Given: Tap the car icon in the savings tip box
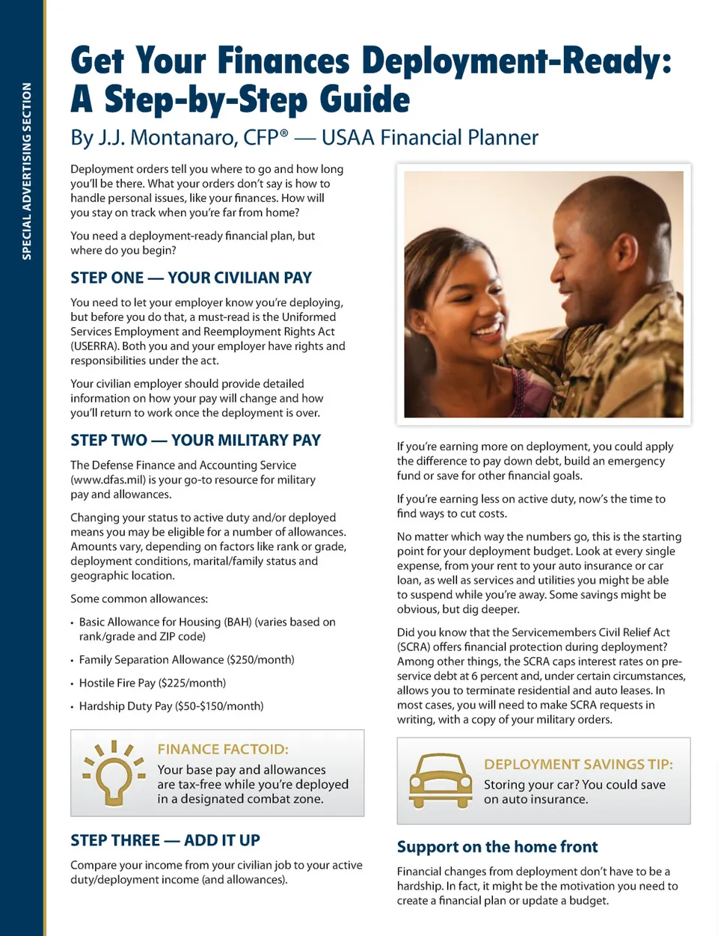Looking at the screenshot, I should click(x=441, y=781).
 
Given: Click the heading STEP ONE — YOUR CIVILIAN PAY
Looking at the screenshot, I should click(x=191, y=278).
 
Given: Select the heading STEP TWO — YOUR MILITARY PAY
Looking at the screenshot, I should click(x=195, y=440).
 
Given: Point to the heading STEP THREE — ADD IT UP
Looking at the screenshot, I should click(x=165, y=840).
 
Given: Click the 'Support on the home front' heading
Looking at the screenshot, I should click(x=497, y=847).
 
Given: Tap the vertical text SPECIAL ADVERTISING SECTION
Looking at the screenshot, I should click(x=27, y=171).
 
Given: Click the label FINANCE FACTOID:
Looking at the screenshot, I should click(x=223, y=749).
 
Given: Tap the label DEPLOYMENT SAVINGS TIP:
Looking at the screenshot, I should click(x=578, y=764).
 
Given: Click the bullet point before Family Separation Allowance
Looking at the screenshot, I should click(x=72, y=661).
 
